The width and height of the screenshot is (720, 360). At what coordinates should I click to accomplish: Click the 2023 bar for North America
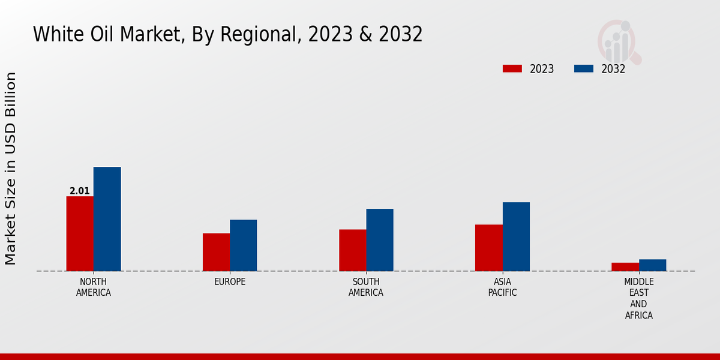tap(80, 233)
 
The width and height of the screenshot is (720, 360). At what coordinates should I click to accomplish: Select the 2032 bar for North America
tap(107, 219)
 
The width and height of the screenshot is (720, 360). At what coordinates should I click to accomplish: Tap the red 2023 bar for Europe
tap(216, 252)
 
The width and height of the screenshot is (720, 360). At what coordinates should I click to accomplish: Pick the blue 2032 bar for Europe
tap(243, 245)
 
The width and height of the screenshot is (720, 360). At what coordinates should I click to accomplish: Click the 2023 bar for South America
tap(352, 250)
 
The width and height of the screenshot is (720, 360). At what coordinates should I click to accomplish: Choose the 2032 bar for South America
tap(380, 240)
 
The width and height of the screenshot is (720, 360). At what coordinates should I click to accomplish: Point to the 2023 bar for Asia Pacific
tap(488, 248)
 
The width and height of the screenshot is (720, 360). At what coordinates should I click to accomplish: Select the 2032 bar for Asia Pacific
tap(516, 236)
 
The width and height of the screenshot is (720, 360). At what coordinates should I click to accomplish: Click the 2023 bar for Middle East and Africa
tap(625, 266)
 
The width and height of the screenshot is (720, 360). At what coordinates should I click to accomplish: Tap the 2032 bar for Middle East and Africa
tap(652, 265)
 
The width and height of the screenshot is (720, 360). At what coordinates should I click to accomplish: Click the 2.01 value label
tap(80, 191)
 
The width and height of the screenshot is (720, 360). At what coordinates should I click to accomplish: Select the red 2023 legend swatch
tap(512, 68)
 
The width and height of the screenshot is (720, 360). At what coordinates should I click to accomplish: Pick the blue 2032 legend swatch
tap(583, 68)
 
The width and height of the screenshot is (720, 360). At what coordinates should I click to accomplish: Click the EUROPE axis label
tap(230, 282)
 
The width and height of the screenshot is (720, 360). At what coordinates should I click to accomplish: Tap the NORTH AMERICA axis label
tap(94, 287)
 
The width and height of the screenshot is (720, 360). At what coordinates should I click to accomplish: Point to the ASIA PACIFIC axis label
tap(503, 287)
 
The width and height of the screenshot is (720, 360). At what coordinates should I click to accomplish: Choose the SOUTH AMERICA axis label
tap(366, 287)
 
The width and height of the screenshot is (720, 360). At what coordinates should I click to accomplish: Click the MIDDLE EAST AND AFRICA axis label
tap(639, 298)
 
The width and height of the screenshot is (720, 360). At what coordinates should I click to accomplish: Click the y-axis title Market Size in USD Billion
tap(11, 168)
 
